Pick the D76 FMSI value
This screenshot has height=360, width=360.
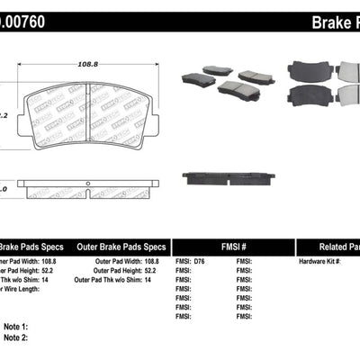199,261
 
